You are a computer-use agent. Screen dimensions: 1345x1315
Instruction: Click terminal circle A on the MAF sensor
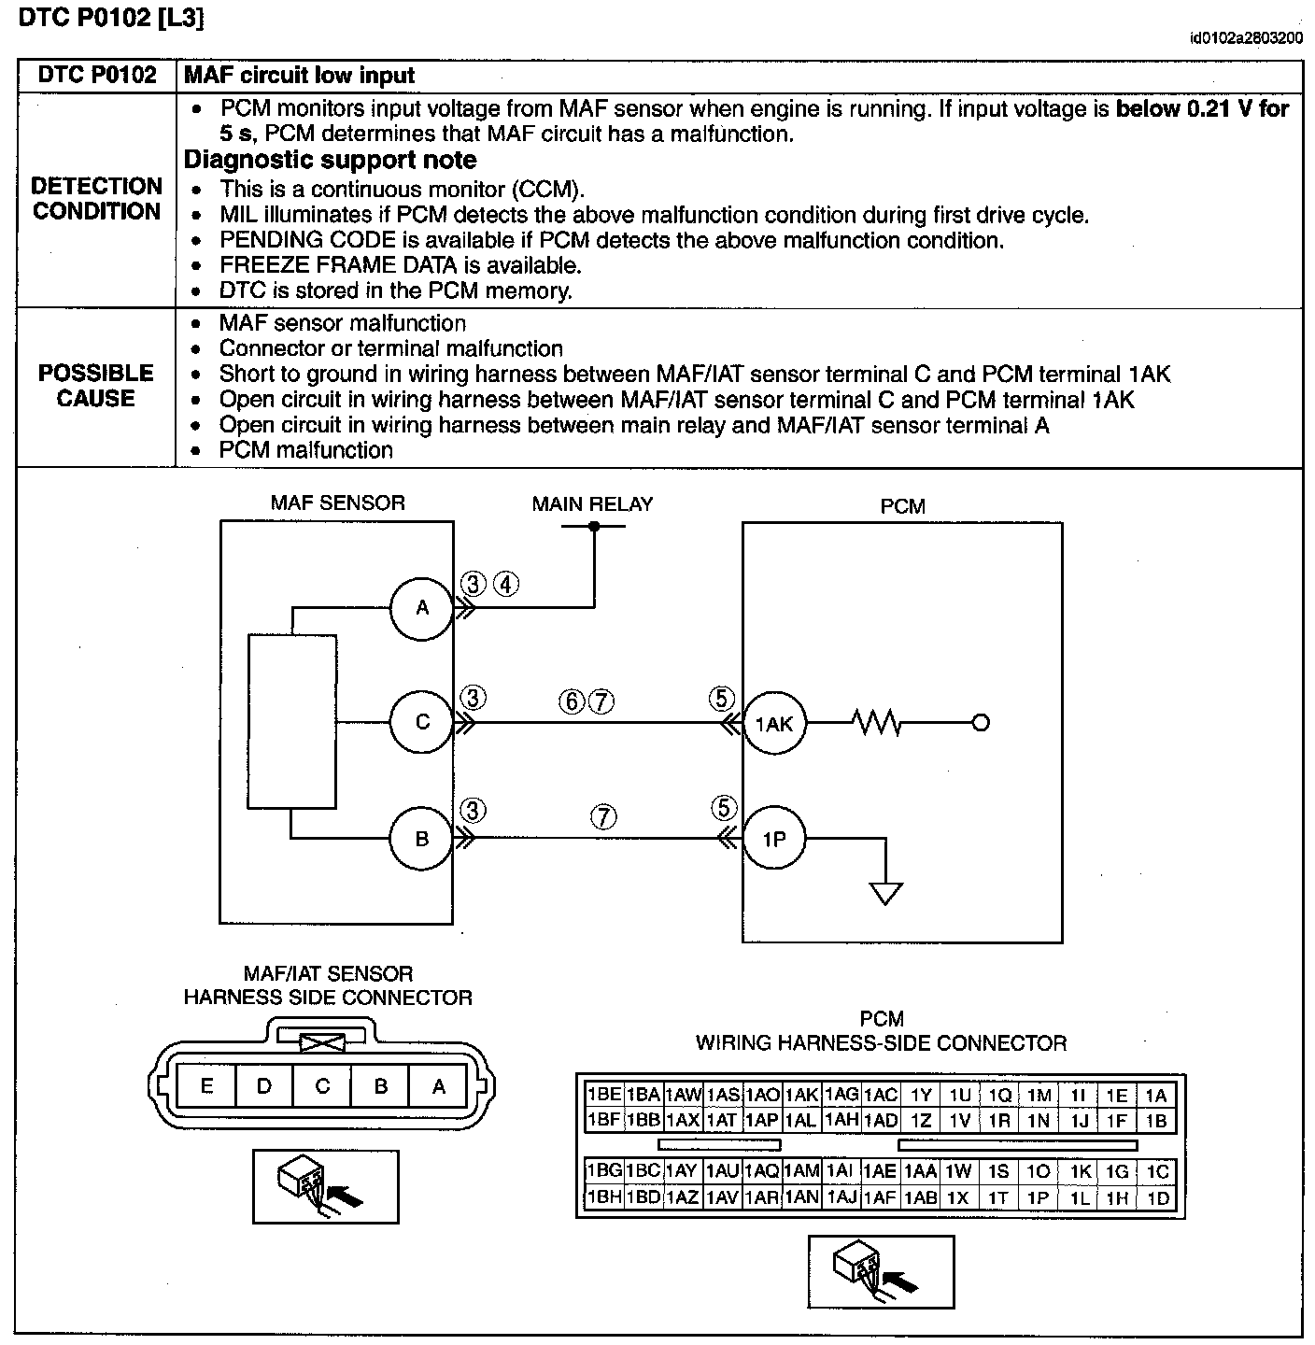422,608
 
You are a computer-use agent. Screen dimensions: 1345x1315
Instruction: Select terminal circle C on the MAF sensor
422,722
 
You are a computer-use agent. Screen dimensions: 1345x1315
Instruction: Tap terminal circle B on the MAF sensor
422,838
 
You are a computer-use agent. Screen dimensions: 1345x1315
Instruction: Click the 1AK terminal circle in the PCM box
774,723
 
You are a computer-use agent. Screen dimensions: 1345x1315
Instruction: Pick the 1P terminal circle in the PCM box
774,839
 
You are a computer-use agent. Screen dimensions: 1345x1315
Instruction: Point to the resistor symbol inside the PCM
875,722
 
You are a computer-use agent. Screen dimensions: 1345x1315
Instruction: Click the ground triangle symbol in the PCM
885,894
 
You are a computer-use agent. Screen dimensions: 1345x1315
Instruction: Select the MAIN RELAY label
592,504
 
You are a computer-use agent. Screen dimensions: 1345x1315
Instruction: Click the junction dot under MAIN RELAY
594,527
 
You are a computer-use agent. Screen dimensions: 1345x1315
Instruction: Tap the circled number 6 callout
572,701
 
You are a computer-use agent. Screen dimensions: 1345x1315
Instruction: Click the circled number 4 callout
505,585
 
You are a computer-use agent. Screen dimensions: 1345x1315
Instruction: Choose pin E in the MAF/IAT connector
206,1085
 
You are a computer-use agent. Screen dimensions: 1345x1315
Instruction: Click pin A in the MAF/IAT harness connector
438,1085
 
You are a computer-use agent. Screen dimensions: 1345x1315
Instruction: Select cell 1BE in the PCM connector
603,1095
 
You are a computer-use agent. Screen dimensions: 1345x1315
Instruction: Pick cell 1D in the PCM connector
1157,1198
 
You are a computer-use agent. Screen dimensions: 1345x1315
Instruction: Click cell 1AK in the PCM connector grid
801,1095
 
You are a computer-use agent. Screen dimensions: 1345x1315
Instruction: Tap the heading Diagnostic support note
331,161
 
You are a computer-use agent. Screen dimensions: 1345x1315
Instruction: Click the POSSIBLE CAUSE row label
96,386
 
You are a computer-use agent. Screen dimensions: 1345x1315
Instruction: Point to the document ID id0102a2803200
1246,39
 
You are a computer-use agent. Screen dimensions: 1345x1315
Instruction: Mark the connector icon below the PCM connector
881,1271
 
